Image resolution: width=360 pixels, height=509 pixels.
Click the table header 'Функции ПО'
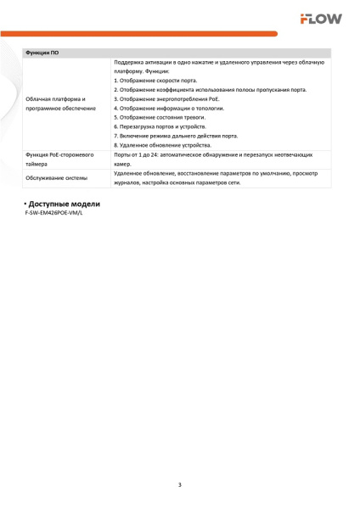42,53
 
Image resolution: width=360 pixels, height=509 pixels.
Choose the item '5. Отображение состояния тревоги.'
160,117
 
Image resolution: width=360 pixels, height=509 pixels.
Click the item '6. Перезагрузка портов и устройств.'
160,126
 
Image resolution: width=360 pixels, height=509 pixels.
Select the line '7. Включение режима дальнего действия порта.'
174,136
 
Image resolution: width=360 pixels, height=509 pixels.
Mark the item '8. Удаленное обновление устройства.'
162,145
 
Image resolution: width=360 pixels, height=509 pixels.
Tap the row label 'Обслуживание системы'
56,178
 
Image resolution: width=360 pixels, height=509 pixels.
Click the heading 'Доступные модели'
65,204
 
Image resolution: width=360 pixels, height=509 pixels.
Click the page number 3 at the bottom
180,484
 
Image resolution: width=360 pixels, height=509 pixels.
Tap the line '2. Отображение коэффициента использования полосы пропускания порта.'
210,89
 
